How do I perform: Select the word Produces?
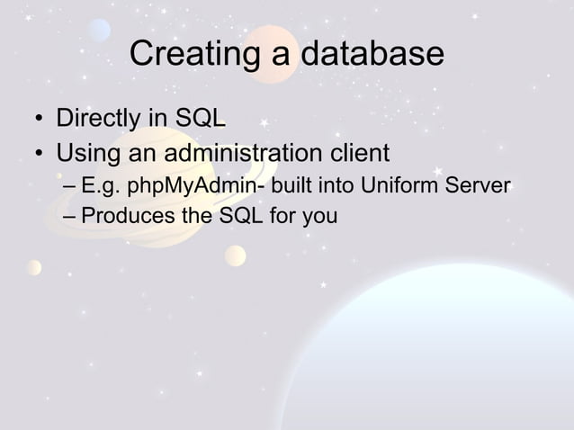(123, 216)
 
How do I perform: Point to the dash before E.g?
(71, 187)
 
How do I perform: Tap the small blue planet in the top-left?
(99, 31)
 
